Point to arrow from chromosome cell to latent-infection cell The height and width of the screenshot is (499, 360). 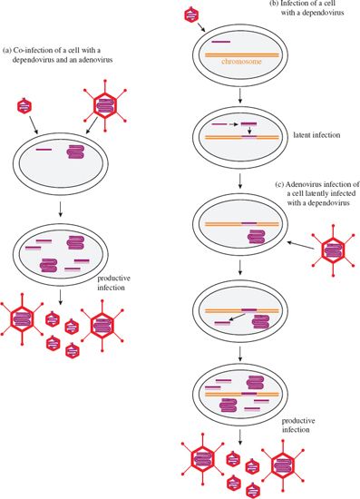tap(239, 95)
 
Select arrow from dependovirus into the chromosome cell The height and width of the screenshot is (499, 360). tap(200, 24)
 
